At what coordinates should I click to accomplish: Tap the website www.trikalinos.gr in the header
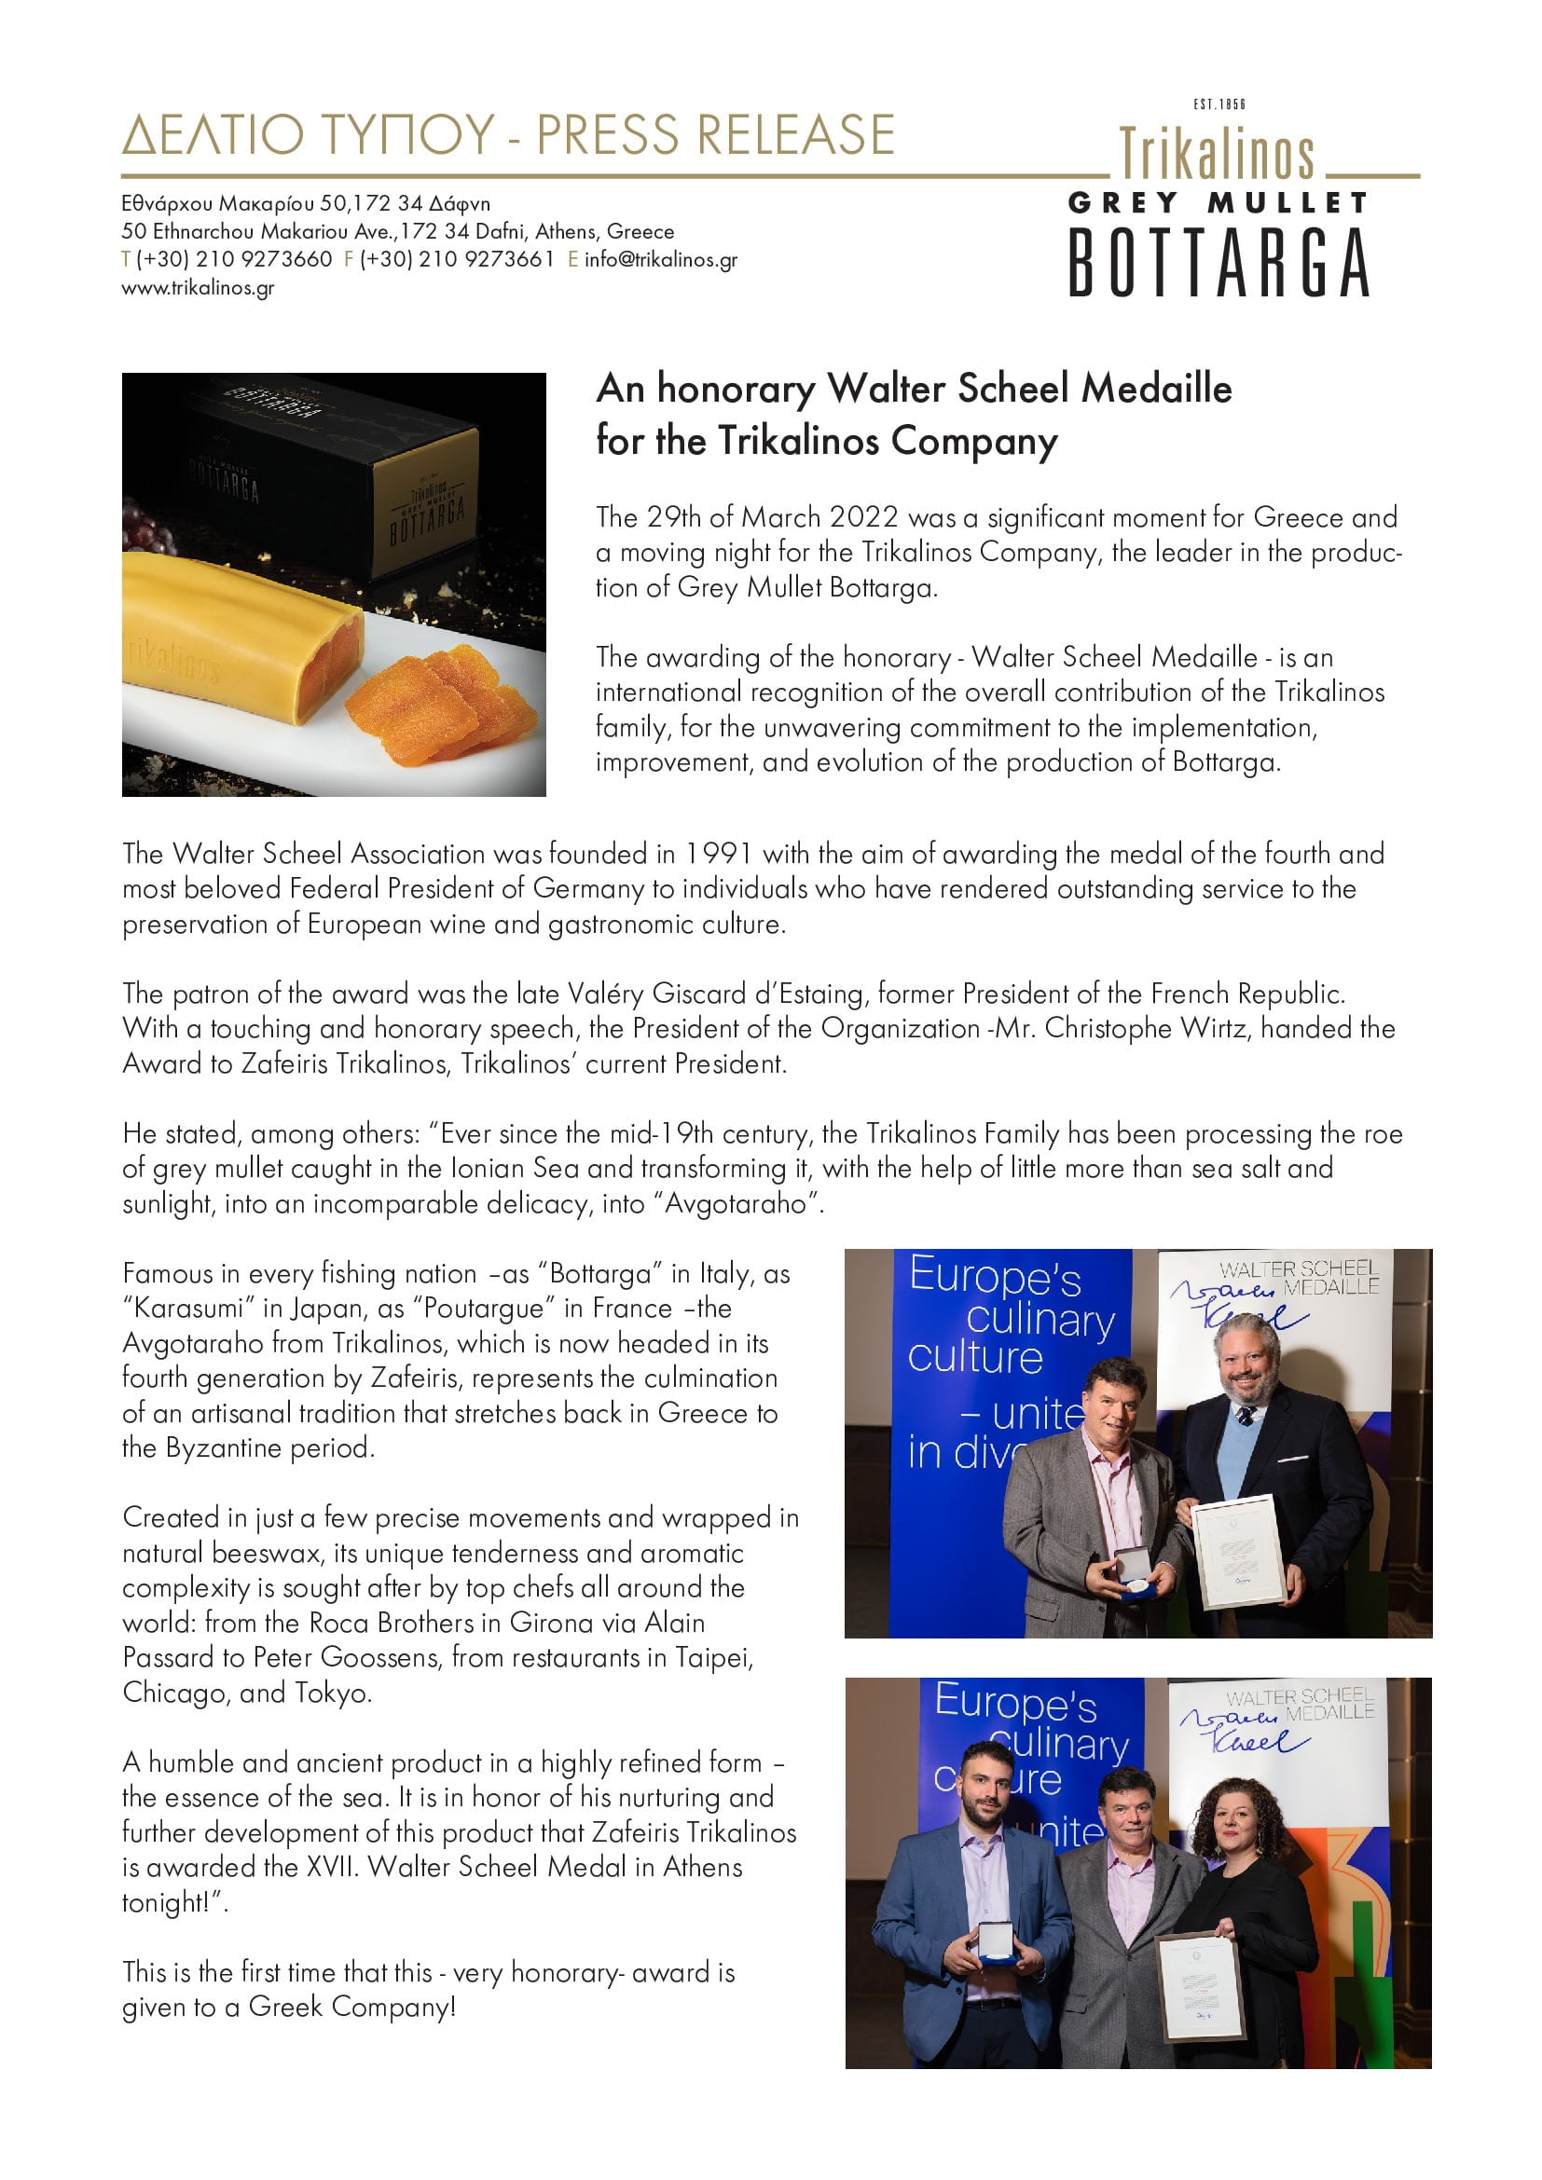(x=198, y=288)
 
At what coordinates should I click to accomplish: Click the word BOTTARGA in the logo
(x=1218, y=263)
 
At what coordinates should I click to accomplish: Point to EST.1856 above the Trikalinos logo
(x=1218, y=104)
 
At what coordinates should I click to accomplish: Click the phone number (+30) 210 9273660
(x=235, y=259)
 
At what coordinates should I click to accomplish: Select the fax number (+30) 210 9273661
(x=457, y=259)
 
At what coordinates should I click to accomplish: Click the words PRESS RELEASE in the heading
(x=715, y=135)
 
